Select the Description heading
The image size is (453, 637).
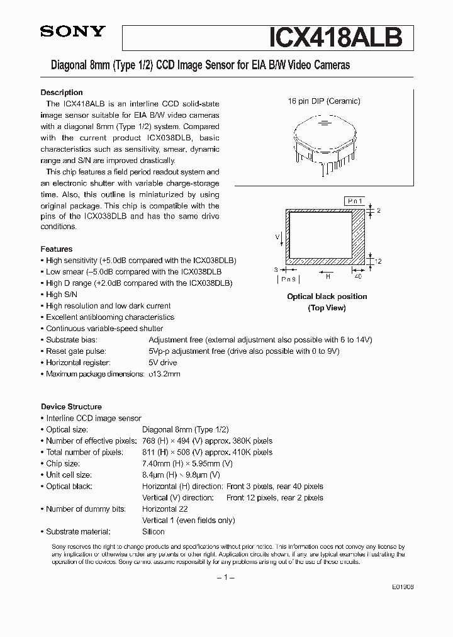coord(62,93)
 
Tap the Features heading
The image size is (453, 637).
coord(57,249)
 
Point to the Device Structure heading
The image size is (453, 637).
coord(71,407)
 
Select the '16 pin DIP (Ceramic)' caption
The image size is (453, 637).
coord(324,101)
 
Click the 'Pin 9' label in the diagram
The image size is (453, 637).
coord(289,279)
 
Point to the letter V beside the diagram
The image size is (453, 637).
coord(277,236)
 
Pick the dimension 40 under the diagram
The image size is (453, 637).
coord(358,276)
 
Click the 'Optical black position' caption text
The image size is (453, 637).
coord(327,296)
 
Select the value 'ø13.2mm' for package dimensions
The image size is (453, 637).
coord(164,374)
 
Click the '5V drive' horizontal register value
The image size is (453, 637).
coord(162,363)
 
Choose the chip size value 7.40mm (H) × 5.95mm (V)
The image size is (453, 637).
coord(187,463)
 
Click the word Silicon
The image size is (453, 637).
coord(154,531)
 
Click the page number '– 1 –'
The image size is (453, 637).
coord(225,577)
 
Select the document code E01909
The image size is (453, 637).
coord(402,586)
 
